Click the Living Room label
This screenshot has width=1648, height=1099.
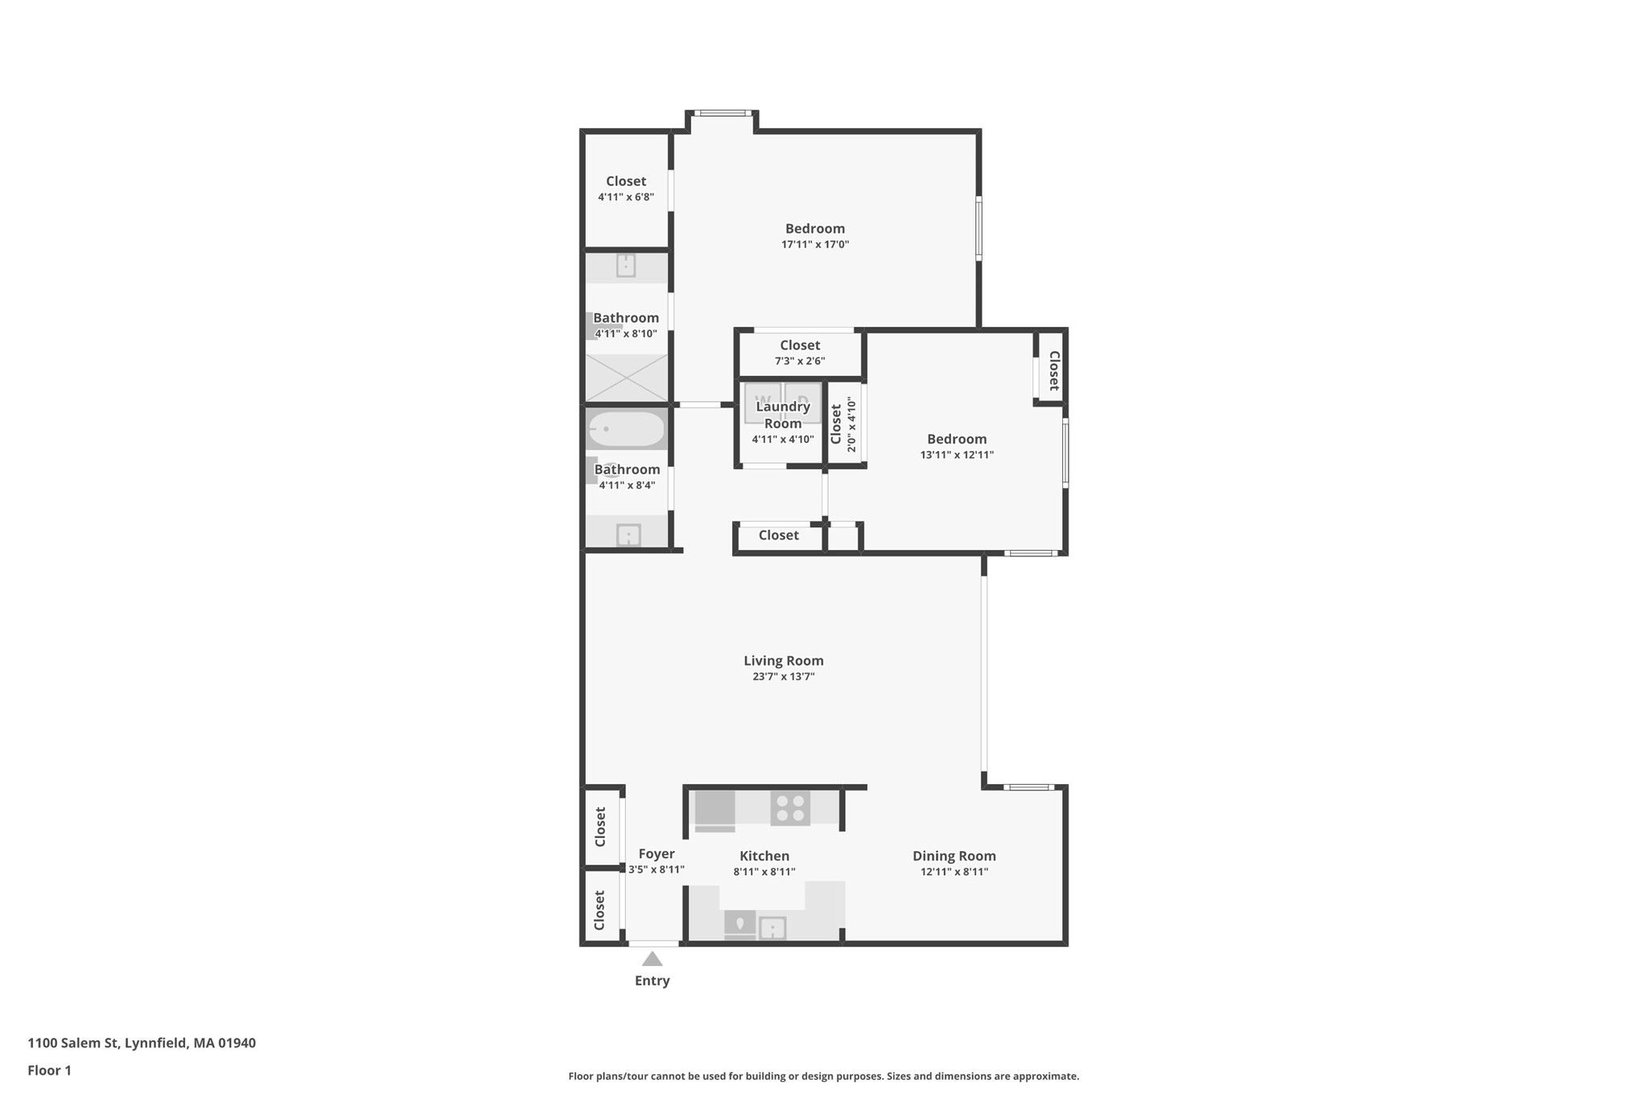click(783, 660)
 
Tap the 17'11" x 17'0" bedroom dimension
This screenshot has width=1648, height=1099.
click(814, 244)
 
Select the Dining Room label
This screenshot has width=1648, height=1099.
click(954, 856)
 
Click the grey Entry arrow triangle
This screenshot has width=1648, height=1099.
click(652, 959)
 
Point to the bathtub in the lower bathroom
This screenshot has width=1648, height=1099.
click(626, 429)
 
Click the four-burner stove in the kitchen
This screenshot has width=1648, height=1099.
click(789, 808)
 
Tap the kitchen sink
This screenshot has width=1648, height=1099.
click(772, 928)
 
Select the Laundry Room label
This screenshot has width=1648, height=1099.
click(782, 415)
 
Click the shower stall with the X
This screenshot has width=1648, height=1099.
click(626, 378)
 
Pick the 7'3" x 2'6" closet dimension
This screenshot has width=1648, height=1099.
click(799, 361)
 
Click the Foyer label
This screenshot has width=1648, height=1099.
click(656, 853)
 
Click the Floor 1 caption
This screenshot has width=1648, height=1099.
click(49, 1070)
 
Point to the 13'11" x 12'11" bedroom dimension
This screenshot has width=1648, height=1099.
click(956, 454)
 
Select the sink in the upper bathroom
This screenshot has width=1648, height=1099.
click(625, 265)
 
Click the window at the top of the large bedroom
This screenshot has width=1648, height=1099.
click(723, 114)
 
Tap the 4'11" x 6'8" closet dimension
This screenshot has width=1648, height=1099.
click(625, 196)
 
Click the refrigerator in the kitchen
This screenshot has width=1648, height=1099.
click(715, 810)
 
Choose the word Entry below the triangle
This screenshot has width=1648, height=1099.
click(652, 981)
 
